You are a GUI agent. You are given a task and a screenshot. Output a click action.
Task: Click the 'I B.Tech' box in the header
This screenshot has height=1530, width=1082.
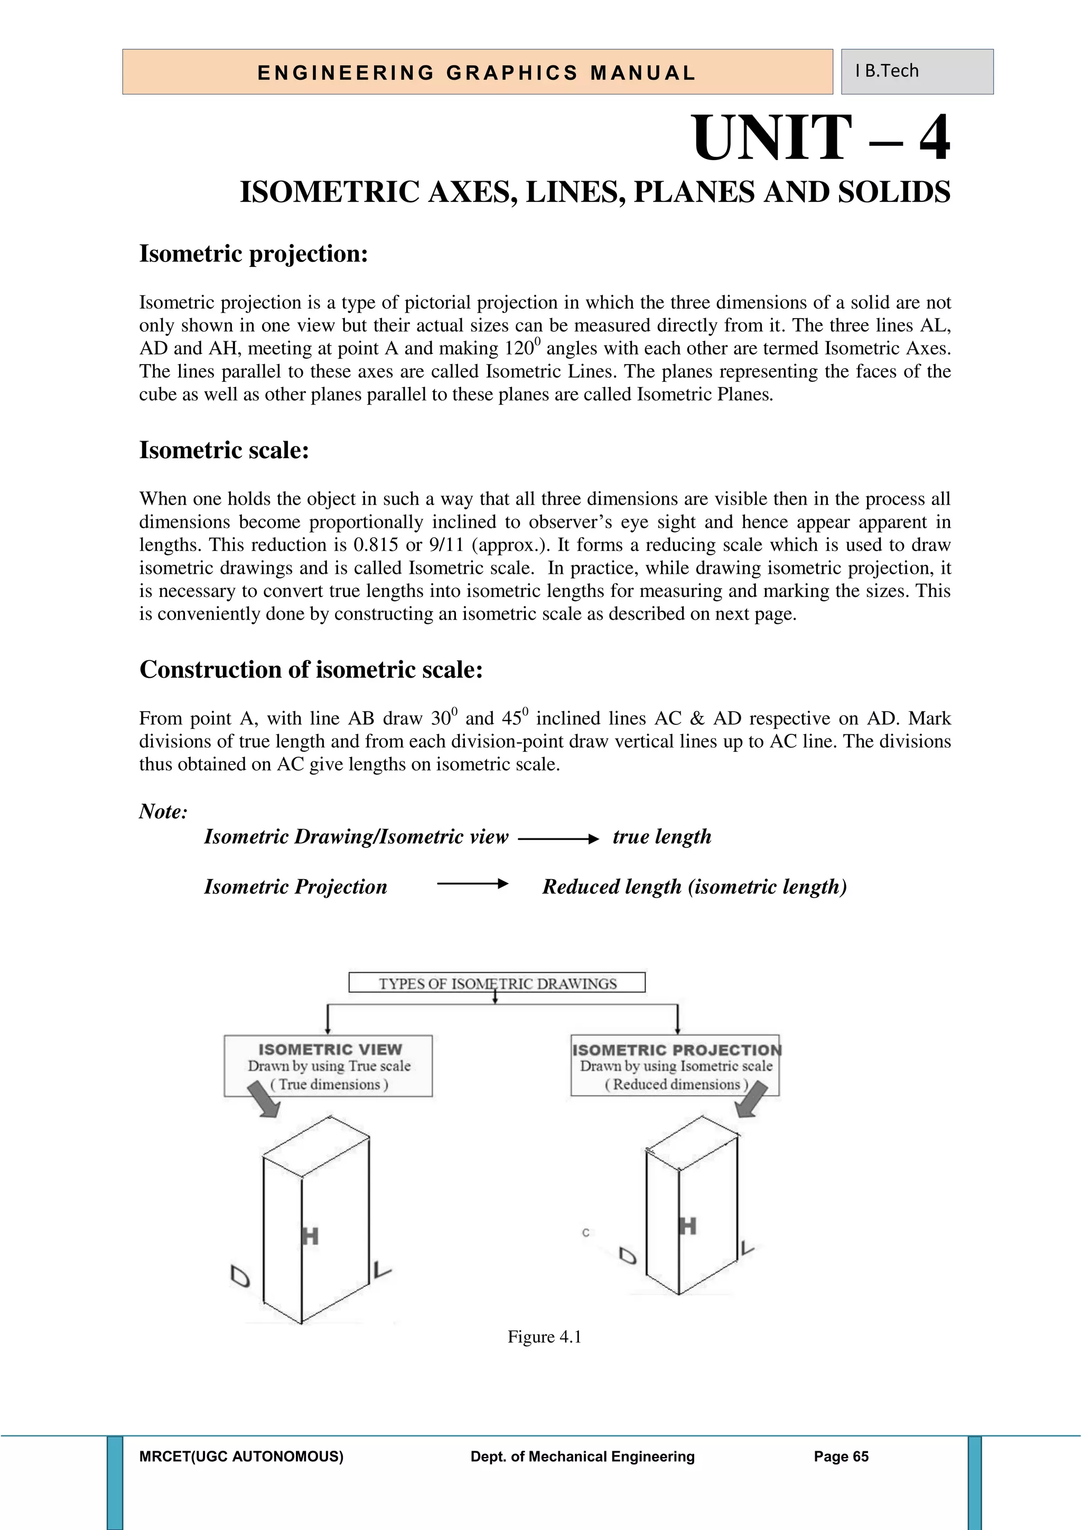pos(916,71)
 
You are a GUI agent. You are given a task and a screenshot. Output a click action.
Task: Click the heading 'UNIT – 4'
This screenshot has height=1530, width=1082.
pos(821,138)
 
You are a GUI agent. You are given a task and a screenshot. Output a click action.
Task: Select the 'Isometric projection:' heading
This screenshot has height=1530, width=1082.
pos(253,254)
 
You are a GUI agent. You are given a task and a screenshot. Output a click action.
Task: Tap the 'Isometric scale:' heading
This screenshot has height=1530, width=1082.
pos(224,451)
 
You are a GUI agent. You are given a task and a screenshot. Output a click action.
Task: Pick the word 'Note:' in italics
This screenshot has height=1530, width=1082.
pos(163,811)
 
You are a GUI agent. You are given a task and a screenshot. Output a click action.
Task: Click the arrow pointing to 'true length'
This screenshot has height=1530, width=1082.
pos(558,839)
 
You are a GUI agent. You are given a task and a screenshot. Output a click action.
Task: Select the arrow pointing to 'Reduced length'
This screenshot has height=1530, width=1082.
pos(472,884)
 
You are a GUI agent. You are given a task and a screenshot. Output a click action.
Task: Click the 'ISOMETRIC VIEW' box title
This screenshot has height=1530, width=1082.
pos(330,1050)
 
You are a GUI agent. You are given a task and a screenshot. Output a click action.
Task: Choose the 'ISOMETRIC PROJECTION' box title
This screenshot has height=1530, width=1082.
pos(676,1050)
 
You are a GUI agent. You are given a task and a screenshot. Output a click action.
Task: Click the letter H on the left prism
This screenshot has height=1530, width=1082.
pos(310,1237)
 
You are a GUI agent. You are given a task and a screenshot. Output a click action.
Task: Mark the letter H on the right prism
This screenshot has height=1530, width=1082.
pos(687,1226)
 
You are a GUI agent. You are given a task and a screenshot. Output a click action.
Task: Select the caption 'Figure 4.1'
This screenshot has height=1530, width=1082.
pos(544,1337)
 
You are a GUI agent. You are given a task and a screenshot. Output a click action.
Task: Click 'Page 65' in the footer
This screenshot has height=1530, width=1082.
pos(841,1457)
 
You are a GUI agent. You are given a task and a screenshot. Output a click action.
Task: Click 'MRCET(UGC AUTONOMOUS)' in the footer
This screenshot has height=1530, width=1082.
pos(241,1457)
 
